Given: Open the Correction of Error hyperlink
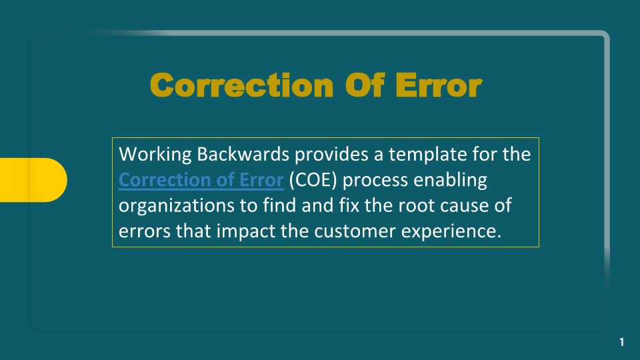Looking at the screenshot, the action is [x=201, y=180].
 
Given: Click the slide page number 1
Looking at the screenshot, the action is [x=621, y=342].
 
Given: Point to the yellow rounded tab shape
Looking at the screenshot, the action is [x=33, y=180].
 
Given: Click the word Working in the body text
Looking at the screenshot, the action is [x=155, y=155].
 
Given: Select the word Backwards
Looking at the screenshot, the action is [x=243, y=154].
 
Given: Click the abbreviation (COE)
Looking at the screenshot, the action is [x=313, y=181].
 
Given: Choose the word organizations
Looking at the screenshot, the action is [x=176, y=206].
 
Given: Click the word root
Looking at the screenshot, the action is [x=416, y=206].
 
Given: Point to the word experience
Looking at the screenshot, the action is [x=451, y=232].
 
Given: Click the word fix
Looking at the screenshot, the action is [x=349, y=205].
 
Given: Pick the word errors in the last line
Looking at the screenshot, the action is [x=145, y=231].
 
